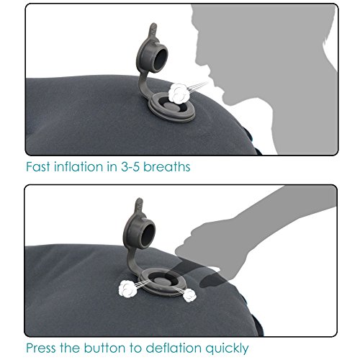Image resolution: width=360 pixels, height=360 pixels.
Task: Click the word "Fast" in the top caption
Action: pyautogui.click(x=38, y=166)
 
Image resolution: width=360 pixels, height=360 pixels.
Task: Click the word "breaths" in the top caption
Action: pyautogui.click(x=167, y=166)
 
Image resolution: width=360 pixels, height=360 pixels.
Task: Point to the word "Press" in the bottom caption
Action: pyautogui.click(x=41, y=348)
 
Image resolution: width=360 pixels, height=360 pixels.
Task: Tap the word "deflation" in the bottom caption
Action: pyautogui.click(x=174, y=348)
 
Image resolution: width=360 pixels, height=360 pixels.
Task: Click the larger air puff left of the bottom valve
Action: pyautogui.click(x=127, y=289)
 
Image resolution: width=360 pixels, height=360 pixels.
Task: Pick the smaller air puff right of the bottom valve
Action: pyautogui.click(x=189, y=295)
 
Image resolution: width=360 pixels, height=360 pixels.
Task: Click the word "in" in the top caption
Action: pyautogui.click(x=112, y=166)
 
